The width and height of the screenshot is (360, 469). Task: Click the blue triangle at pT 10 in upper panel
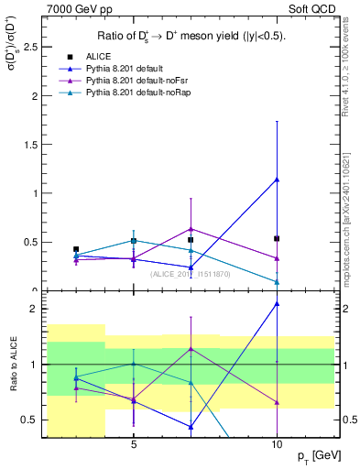tap(277, 180)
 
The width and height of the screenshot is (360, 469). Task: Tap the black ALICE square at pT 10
tap(277, 238)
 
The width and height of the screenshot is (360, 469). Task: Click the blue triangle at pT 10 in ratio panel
tap(277, 303)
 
